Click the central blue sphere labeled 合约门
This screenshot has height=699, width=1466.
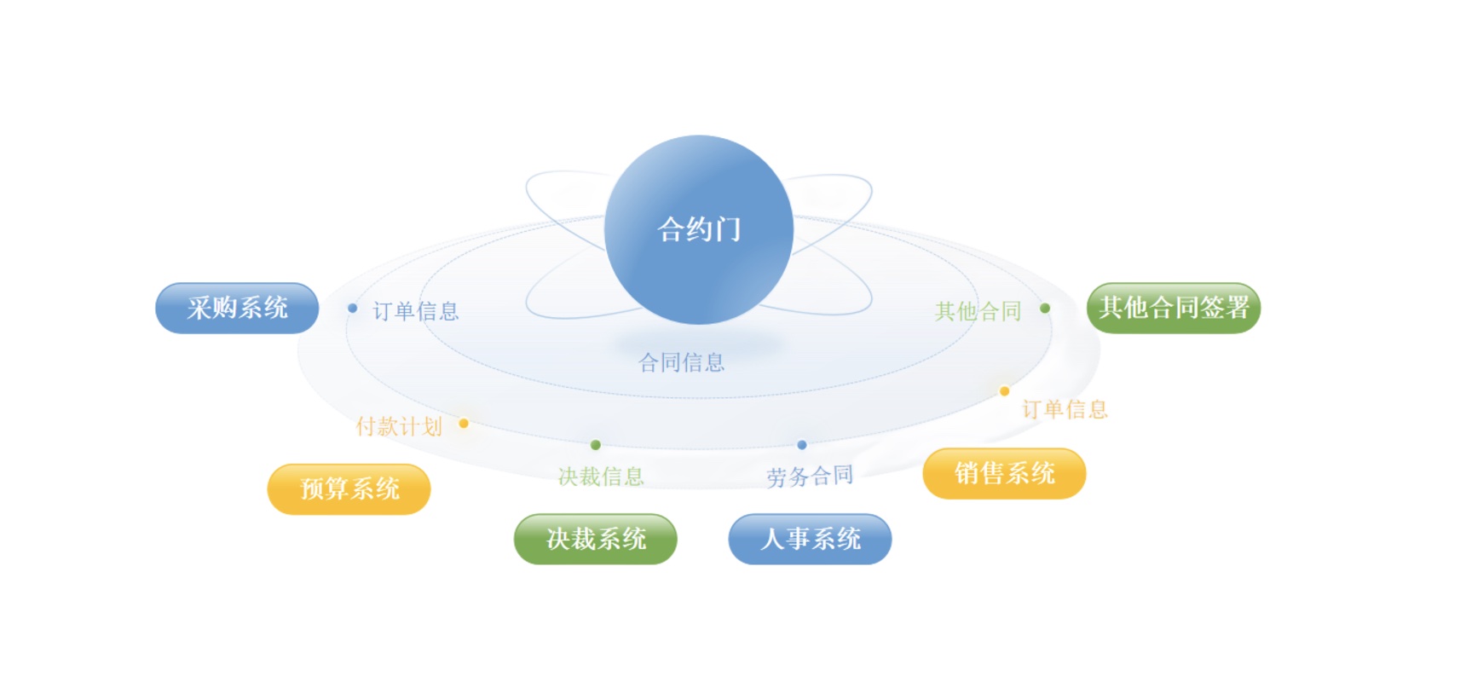(x=699, y=229)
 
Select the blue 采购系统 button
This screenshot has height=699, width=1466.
(x=237, y=308)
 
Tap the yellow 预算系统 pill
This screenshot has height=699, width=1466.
(x=349, y=488)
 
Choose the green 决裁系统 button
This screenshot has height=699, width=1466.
(x=596, y=539)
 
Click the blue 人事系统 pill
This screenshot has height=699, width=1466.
(x=810, y=539)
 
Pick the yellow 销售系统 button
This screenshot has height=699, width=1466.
(x=1004, y=473)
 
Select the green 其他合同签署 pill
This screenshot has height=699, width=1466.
(x=1174, y=308)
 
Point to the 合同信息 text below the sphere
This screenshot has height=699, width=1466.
(x=682, y=363)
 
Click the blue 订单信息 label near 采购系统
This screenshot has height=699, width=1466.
(x=416, y=311)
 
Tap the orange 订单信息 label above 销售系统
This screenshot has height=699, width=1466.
(x=1065, y=410)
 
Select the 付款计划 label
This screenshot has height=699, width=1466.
(x=399, y=426)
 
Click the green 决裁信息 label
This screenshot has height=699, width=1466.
(x=601, y=477)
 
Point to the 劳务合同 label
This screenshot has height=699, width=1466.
(x=810, y=477)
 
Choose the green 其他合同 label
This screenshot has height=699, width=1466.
(x=978, y=311)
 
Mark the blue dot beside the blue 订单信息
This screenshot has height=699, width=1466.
(x=352, y=309)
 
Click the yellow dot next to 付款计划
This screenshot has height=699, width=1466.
(x=464, y=423)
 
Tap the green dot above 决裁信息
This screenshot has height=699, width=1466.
(x=596, y=445)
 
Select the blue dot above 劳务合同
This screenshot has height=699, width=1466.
(x=802, y=445)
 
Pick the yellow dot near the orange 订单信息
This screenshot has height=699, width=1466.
(x=1004, y=391)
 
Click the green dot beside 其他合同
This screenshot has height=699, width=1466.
(x=1045, y=309)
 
